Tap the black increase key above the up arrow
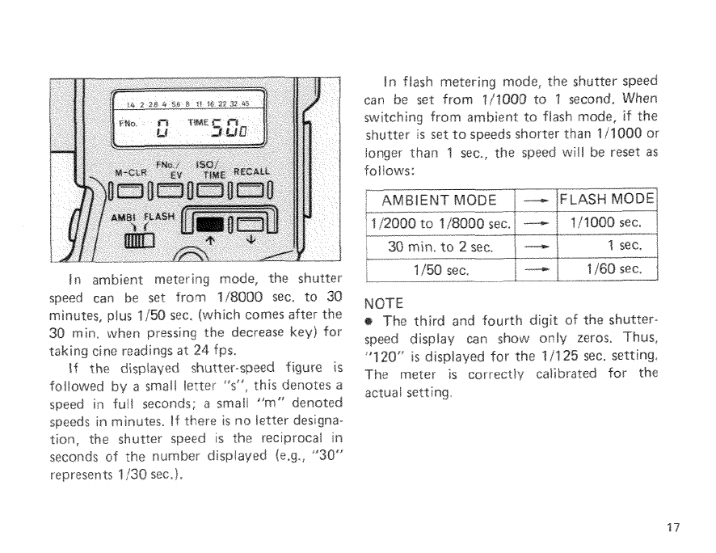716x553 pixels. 209,225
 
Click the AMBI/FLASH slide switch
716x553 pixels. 133,242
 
